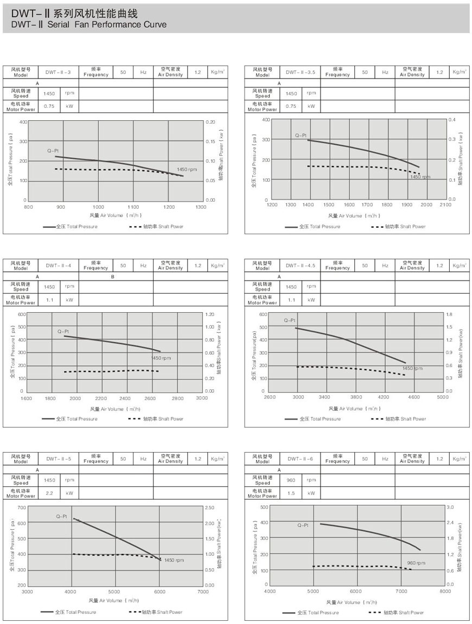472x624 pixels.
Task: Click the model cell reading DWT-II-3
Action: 59,72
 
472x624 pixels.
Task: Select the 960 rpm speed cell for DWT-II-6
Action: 291,480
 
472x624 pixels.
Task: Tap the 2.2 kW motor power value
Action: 49,493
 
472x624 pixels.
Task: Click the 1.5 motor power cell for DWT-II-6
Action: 291,493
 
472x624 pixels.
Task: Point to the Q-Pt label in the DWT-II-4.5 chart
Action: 289,320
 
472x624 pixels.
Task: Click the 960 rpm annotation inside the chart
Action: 416,563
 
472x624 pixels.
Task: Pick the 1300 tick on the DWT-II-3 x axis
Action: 201,207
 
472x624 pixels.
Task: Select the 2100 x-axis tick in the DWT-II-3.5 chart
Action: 445,205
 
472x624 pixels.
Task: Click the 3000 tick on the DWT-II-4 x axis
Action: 201,398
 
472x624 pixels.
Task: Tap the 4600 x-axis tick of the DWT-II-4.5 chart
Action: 413,397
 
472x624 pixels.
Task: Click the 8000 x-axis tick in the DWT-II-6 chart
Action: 445,591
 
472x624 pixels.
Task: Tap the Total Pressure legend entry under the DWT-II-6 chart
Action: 310,613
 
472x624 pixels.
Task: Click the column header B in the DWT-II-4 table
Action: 112,276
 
